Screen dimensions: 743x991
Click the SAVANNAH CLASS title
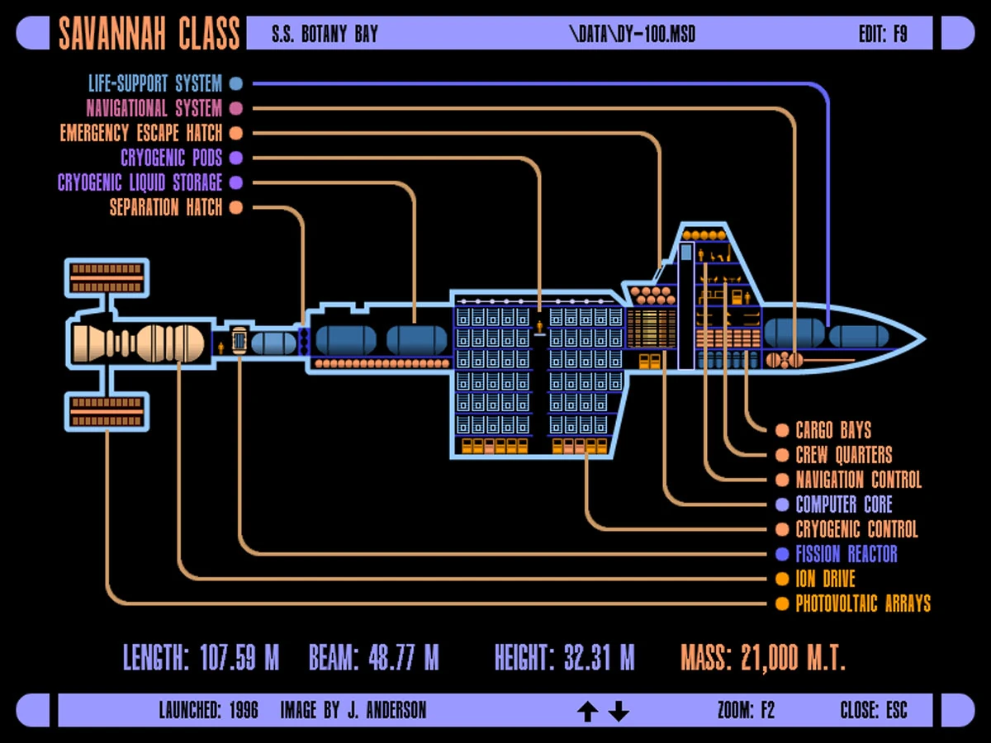pyautogui.click(x=149, y=34)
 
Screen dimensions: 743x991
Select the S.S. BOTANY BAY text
pyautogui.click(x=325, y=35)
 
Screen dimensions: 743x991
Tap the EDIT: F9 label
pyautogui.click(x=883, y=35)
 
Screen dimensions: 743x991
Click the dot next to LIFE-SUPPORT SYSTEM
pyautogui.click(x=236, y=83)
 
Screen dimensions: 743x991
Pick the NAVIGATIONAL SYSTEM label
pyautogui.click(x=154, y=108)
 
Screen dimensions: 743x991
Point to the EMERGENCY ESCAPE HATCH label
pyautogui.click(x=140, y=133)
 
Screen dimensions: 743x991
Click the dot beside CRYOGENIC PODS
pyautogui.click(x=236, y=158)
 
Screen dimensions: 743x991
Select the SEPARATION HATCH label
pyautogui.click(x=166, y=207)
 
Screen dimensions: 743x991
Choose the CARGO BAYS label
pyautogui.click(x=833, y=430)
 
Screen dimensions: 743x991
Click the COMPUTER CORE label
pyautogui.click(x=844, y=504)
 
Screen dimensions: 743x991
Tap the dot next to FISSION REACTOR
pyautogui.click(x=782, y=554)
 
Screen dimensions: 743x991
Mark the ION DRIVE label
pyautogui.click(x=825, y=579)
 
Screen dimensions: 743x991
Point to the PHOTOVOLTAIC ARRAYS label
pyautogui.click(x=863, y=603)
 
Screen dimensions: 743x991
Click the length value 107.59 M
pyautogui.click(x=239, y=658)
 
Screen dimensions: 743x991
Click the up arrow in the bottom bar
pyautogui.click(x=587, y=711)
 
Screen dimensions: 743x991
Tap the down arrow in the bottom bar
pyautogui.click(x=619, y=711)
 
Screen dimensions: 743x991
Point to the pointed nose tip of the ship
pyautogui.click(x=923, y=338)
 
